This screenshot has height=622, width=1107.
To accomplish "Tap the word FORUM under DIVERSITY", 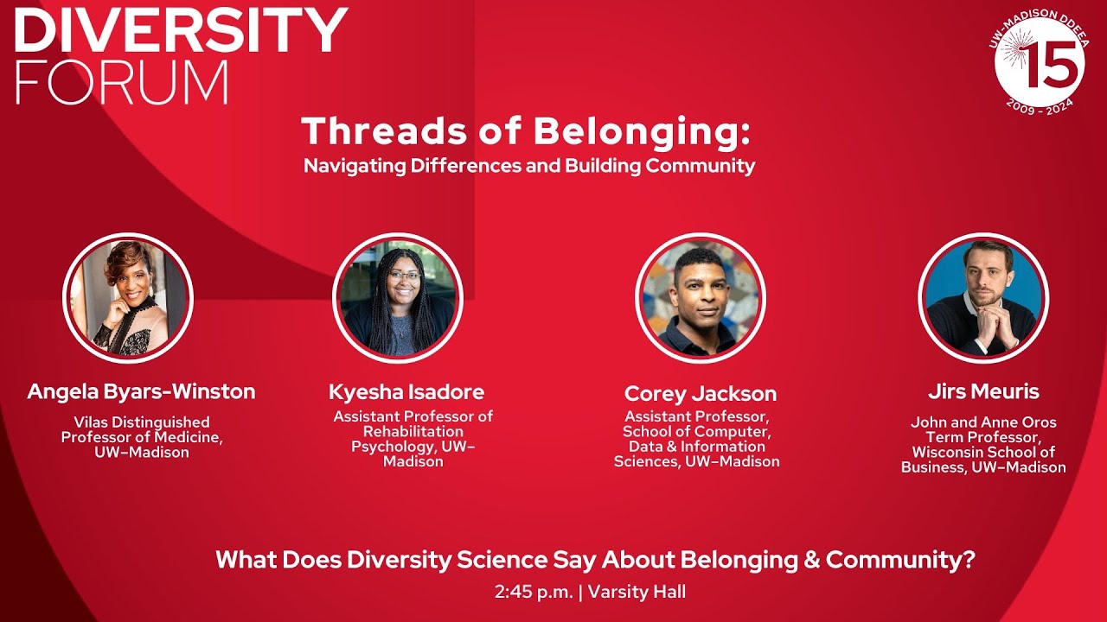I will pyautogui.click(x=121, y=83).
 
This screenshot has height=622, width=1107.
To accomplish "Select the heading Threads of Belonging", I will pyautogui.click(x=525, y=131).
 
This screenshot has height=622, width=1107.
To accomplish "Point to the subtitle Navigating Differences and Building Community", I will pyautogui.click(x=529, y=166).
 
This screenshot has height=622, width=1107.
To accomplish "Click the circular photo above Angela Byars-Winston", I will pyautogui.click(x=128, y=298).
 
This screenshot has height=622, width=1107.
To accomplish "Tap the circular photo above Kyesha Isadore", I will pyautogui.click(x=398, y=298).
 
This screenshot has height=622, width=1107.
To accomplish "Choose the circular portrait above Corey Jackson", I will pyautogui.click(x=701, y=299).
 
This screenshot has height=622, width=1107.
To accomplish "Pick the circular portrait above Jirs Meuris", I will pyautogui.click(x=983, y=298).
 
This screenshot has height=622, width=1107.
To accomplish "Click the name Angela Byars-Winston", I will pyautogui.click(x=141, y=391).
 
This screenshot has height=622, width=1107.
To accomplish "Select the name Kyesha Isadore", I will pyautogui.click(x=406, y=391).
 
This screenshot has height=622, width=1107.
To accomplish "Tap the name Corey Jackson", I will pyautogui.click(x=701, y=394).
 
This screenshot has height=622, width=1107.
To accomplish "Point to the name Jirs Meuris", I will pyautogui.click(x=983, y=391).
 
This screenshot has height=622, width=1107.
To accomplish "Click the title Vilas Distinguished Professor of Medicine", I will pyautogui.click(x=142, y=436).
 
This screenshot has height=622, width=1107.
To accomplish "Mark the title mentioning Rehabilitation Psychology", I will pyautogui.click(x=413, y=439).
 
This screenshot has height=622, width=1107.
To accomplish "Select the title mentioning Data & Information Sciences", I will pyautogui.click(x=697, y=439).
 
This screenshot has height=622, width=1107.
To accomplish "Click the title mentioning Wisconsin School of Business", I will pyautogui.click(x=983, y=445).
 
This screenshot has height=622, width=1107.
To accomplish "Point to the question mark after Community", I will pyautogui.click(x=969, y=560).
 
